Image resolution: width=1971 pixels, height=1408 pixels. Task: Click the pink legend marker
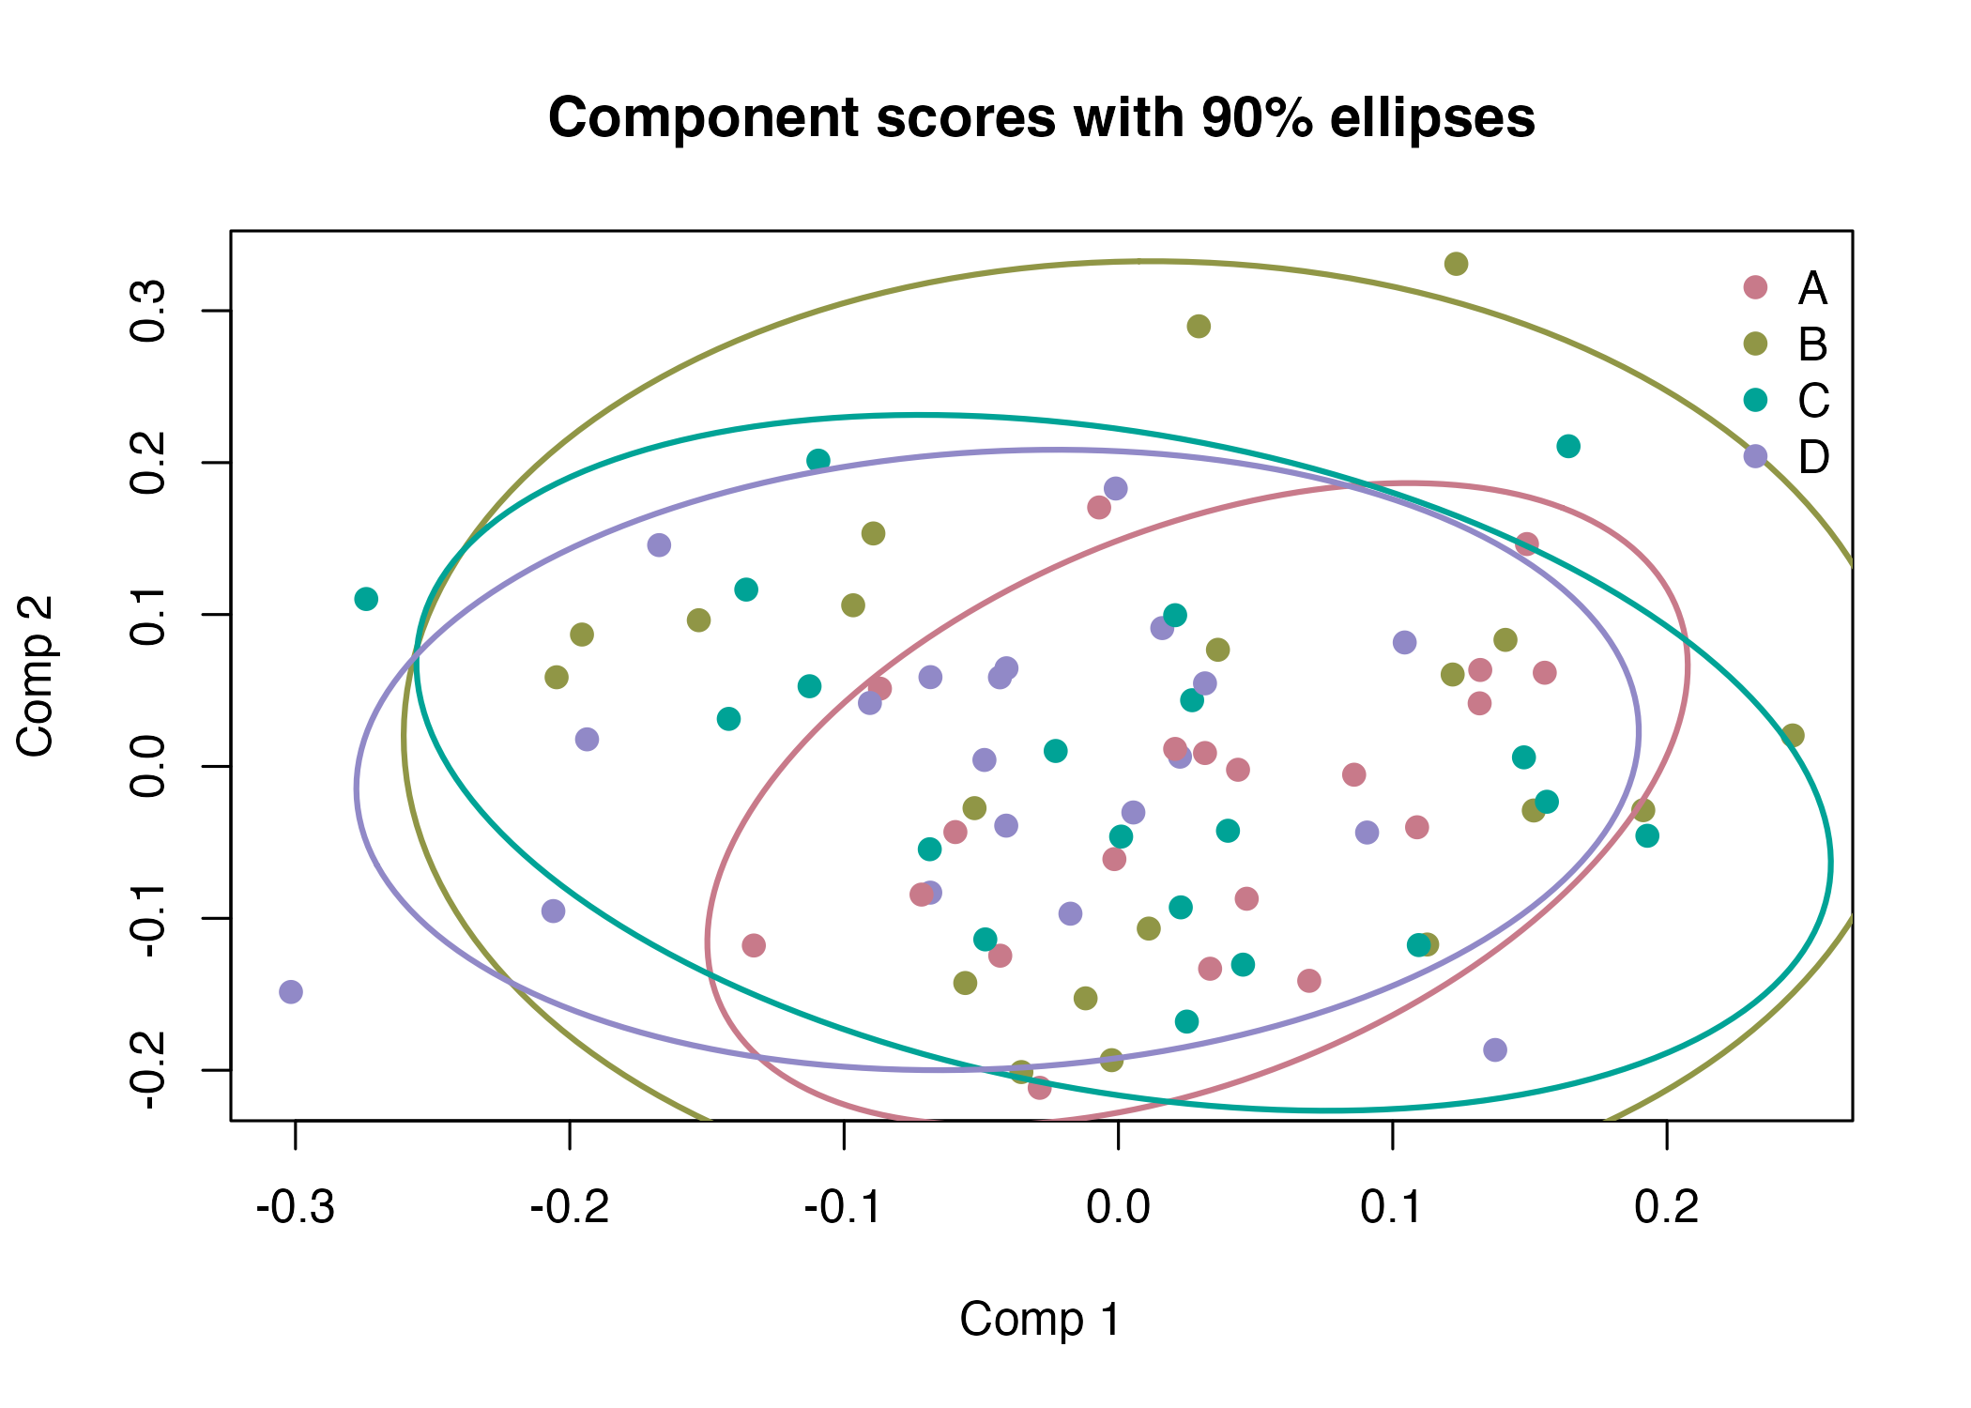(1755, 287)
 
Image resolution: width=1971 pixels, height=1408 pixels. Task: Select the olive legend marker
(1755, 344)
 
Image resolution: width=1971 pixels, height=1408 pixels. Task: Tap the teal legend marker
(1755, 400)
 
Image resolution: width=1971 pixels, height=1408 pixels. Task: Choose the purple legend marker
(1755, 456)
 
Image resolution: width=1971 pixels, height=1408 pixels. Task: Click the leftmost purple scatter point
(291, 991)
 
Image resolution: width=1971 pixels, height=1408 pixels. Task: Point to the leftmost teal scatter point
(366, 599)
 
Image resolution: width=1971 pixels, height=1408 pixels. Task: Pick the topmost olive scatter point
(1456, 264)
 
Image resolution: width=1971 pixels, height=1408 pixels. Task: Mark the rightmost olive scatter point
(1793, 735)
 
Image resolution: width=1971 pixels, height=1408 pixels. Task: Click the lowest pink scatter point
(1039, 1088)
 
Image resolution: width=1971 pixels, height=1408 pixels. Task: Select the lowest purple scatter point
(1495, 1049)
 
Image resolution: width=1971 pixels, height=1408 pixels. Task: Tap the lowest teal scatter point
(1186, 1021)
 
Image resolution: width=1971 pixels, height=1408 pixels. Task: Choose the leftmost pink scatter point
(754, 945)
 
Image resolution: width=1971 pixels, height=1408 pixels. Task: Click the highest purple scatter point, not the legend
(1115, 488)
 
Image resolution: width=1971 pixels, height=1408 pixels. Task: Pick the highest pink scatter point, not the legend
(1099, 508)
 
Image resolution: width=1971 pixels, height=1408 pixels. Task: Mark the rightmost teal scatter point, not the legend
(1647, 835)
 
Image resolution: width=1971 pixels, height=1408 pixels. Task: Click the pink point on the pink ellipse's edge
(1527, 543)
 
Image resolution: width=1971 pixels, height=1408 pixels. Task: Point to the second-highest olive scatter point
(1199, 326)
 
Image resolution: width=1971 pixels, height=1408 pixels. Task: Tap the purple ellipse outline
(356, 788)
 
